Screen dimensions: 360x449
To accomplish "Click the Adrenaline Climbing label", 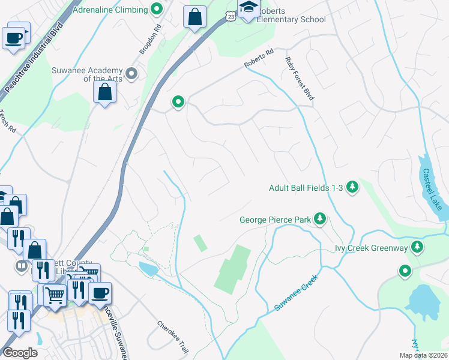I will tap(109, 10).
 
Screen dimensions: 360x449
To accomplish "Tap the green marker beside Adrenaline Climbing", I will tap(157, 9).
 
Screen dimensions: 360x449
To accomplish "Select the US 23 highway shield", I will tap(232, 17).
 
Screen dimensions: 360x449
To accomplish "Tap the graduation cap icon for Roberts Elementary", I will tap(248, 8).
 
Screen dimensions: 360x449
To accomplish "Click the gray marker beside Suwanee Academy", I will tap(133, 74).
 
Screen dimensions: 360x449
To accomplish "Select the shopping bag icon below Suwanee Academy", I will tap(105, 92).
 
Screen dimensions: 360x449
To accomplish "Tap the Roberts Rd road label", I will tap(259, 60).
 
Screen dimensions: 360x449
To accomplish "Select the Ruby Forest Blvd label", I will tap(300, 78).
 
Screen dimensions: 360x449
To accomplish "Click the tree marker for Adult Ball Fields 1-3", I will tap(352, 188).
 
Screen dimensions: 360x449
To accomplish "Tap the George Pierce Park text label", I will tap(275, 220).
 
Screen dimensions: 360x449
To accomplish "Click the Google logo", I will tap(20, 353).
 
